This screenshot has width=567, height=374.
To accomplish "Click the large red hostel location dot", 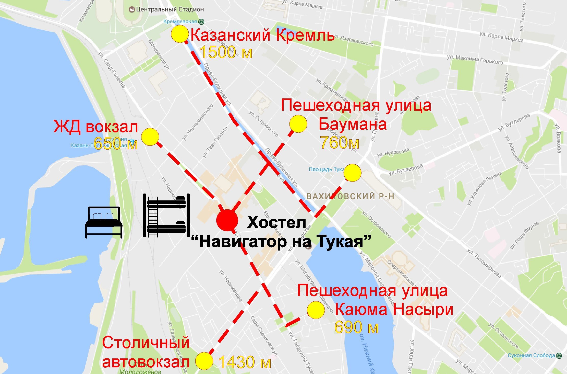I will tap(227, 220).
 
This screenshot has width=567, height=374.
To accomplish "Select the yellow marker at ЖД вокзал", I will tap(150, 137).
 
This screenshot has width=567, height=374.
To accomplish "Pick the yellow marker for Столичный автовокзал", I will tap(204, 361).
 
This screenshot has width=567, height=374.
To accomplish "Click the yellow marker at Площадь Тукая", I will tap(352, 173).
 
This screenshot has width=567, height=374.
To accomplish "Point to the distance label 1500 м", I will tap(226, 52).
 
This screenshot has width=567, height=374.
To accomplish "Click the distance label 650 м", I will tap(116, 144).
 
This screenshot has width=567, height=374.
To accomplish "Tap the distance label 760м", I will tap(340, 142).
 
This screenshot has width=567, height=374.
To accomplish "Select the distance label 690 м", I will tap(356, 327).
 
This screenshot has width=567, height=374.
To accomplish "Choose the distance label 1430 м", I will tap(245, 362).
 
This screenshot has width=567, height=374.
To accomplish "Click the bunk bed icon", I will tap(166, 216).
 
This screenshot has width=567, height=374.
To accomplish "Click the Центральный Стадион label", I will tap(170, 9).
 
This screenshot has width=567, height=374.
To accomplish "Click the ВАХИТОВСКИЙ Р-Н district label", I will tap(350, 196).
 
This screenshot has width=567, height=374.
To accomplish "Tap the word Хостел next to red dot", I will tap(276, 222).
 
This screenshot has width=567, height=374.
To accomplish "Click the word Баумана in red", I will tap(353, 124).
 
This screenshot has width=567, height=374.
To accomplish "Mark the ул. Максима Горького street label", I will tap(475, 60).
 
